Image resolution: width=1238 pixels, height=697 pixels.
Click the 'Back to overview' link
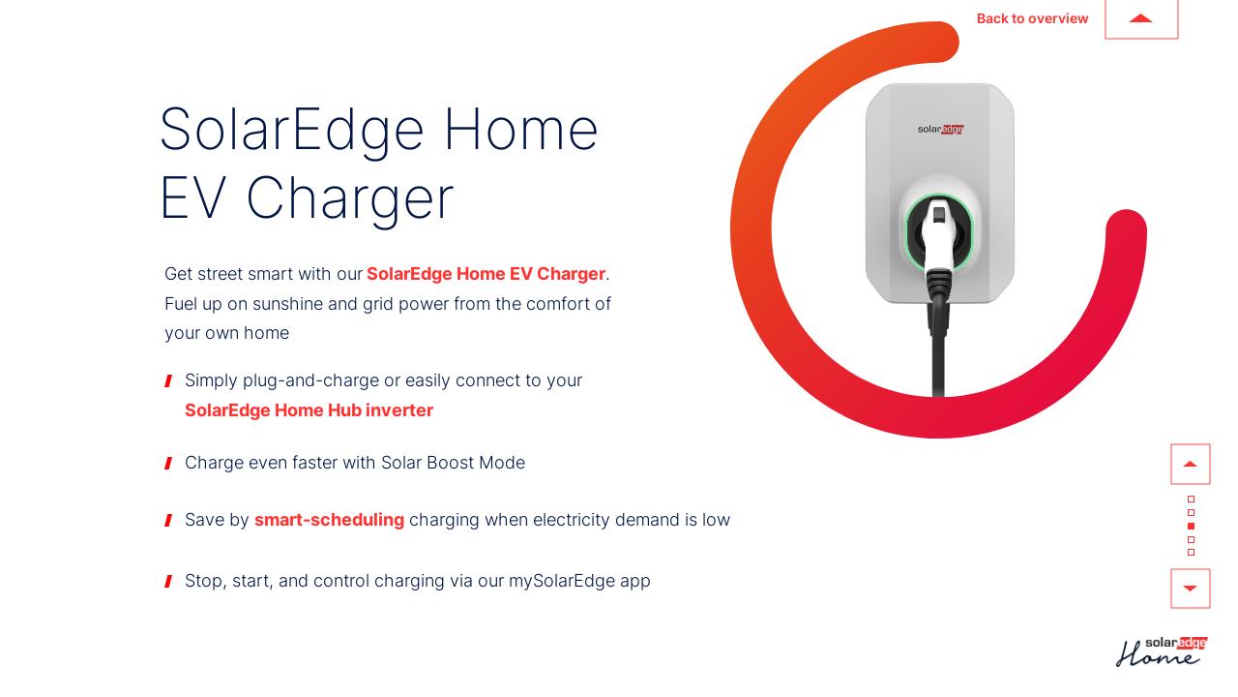pos(1032,18)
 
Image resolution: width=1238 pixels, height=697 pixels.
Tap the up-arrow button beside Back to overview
pos(1141,18)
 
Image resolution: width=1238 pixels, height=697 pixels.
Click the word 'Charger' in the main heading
pos(350,198)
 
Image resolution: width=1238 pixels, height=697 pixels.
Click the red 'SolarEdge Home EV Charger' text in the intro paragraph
pos(486,274)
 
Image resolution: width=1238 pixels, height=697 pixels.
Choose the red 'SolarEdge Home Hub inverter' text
pos(309,410)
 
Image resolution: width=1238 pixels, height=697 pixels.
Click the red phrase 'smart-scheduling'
pos(329,520)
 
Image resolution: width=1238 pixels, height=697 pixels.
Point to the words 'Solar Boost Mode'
pos(453,463)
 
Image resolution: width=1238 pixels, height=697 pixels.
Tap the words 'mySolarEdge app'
pos(579,581)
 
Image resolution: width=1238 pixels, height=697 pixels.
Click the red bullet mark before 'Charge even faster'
pos(168,464)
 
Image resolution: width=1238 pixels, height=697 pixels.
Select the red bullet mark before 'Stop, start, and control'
pos(168,582)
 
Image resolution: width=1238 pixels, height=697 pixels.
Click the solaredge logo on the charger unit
pos(940,129)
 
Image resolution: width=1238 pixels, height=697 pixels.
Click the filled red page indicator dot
pos(1191,526)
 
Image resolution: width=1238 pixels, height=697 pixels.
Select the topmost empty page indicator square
pos(1191,500)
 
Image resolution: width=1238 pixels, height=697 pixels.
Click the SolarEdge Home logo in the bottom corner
pos(1162,652)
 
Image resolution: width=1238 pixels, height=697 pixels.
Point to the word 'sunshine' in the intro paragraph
pos(287,304)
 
